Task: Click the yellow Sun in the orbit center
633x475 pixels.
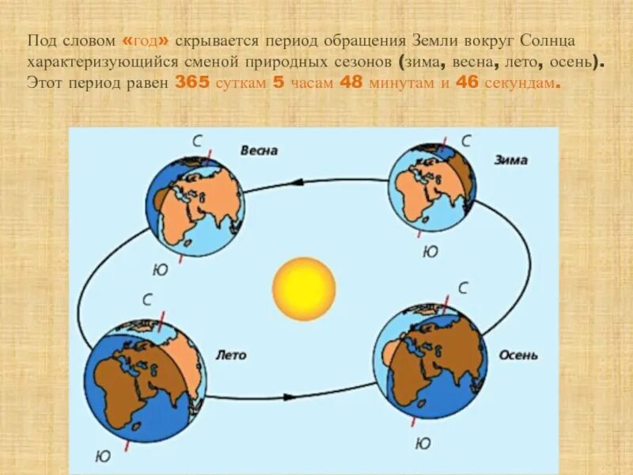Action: click(x=304, y=288)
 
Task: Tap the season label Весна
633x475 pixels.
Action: click(x=259, y=150)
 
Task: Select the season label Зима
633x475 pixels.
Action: click(x=510, y=160)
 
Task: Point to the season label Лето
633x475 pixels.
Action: click(x=231, y=355)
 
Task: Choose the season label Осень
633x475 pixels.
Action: click(x=518, y=355)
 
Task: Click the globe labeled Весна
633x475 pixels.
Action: click(x=195, y=203)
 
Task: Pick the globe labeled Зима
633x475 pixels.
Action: click(x=431, y=188)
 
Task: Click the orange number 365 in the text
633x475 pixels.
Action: click(x=191, y=82)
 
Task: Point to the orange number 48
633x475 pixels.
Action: click(x=352, y=82)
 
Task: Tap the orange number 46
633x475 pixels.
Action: click(x=468, y=82)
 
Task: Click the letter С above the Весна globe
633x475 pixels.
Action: click(x=197, y=141)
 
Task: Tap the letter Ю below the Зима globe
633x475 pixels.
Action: click(x=430, y=252)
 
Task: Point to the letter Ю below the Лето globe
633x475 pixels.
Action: click(x=103, y=457)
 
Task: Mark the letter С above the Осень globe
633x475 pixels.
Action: click(x=464, y=287)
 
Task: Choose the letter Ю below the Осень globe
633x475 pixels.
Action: click(x=423, y=443)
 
